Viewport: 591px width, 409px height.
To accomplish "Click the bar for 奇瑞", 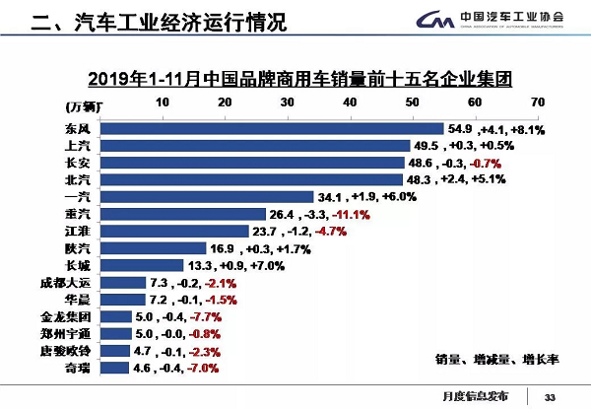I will pos(116,368).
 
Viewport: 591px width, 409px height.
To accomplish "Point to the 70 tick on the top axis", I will pos(537,102).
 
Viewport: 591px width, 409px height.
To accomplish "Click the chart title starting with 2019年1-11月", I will pos(295,76).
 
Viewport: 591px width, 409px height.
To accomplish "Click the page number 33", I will pos(550,396).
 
